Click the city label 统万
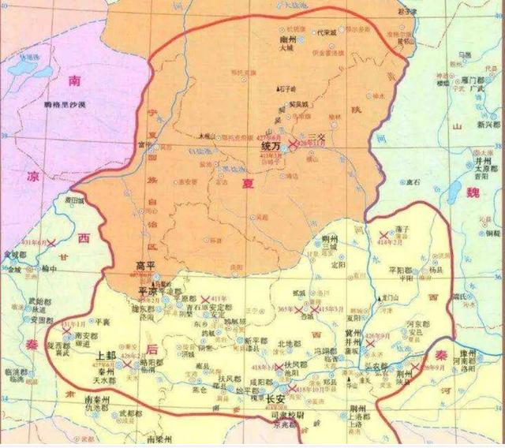(x=271, y=147)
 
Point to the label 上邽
(x=108, y=356)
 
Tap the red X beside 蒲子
(x=386, y=235)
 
